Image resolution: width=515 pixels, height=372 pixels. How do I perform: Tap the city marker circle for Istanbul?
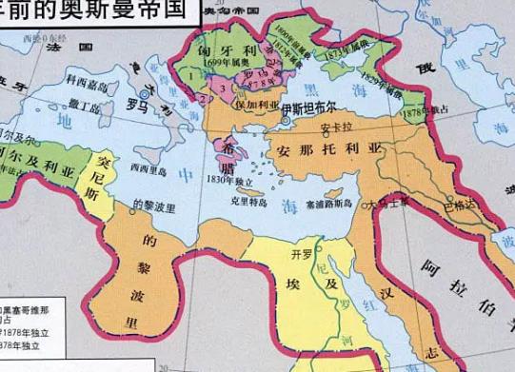point(285,121)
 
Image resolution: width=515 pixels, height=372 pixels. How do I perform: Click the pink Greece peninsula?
point(228,157)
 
